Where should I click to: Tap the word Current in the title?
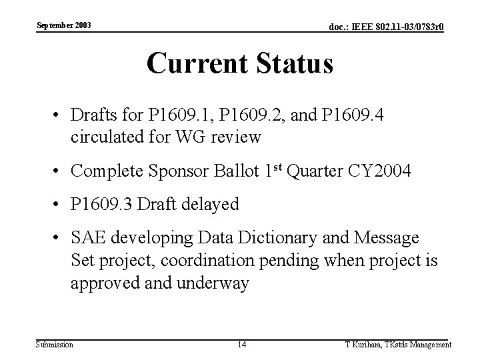193,64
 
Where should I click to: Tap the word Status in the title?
293,64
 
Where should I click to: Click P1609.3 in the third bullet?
103,205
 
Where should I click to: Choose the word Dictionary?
287,239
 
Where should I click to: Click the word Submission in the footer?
55,345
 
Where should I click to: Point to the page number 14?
242,345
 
